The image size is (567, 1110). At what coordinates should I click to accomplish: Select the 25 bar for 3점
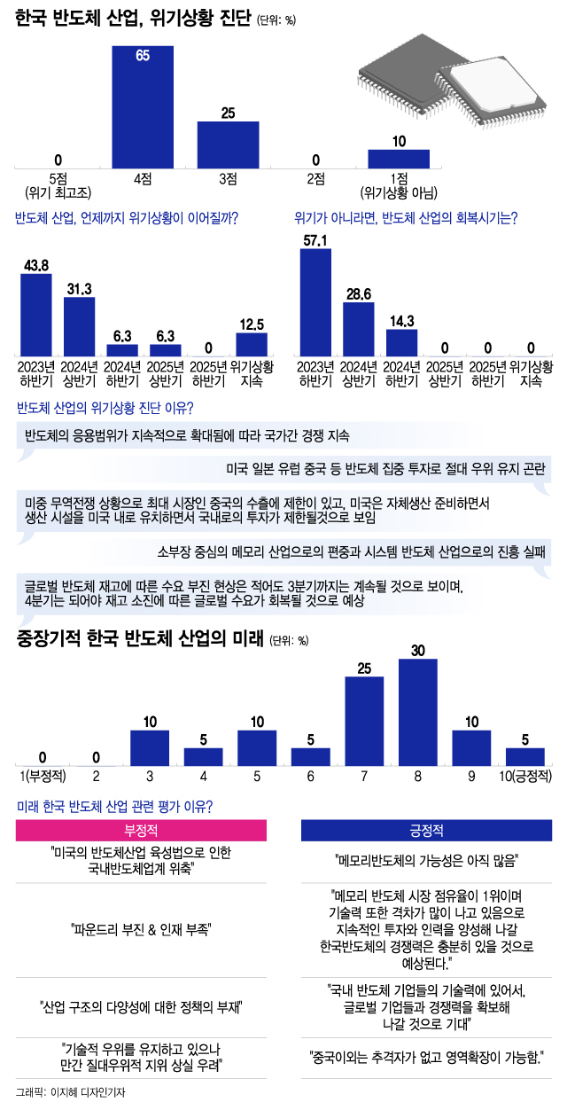pos(228,145)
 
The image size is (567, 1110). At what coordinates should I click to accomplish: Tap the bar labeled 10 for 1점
pos(399,159)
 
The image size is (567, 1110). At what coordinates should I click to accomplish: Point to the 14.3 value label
pos(401,319)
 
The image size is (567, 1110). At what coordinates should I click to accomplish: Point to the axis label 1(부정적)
pos(42,778)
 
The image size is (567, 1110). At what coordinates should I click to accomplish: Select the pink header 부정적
pos(142,832)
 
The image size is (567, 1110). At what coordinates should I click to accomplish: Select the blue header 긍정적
pos(426,832)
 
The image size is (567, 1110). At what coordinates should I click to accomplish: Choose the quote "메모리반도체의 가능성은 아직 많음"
pos(426,860)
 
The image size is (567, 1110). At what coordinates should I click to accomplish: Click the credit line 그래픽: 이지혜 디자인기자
pos(71,1092)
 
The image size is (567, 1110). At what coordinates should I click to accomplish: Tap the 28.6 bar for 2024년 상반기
pos(359,329)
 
